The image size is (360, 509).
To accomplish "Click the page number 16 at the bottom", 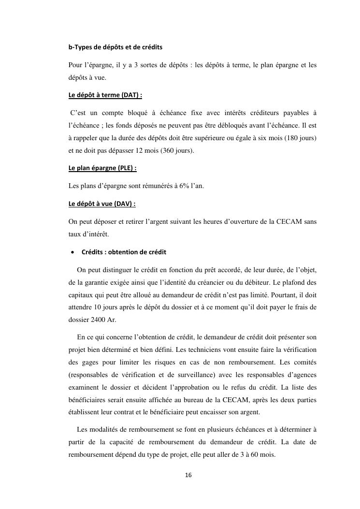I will pos(188,476).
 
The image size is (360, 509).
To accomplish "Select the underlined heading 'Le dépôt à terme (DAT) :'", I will pos(105,95).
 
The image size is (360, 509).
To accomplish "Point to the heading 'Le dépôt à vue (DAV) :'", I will pos(102,204).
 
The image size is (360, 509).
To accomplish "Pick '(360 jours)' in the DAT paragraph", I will pos(176,150).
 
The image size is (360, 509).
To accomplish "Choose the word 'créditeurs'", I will pos(266,113).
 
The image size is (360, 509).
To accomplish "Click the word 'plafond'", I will pos(295,282).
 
